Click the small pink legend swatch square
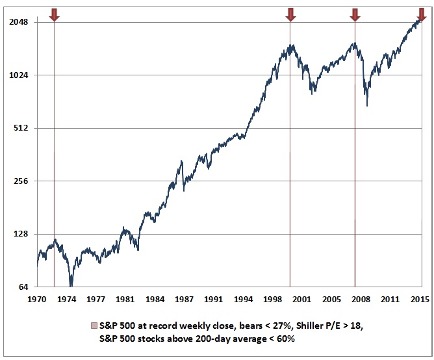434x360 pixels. click(x=94, y=325)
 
